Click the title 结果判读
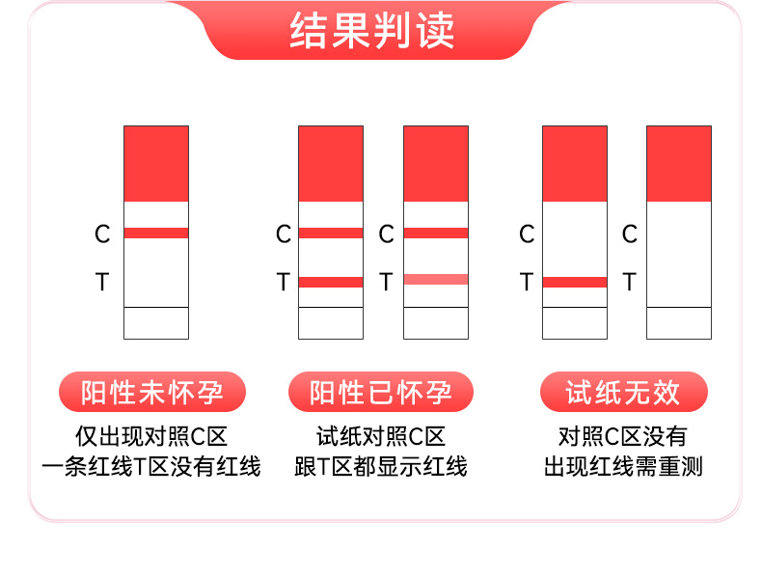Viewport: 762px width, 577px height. [372, 32]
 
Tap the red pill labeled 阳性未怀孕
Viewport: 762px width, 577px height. [152, 393]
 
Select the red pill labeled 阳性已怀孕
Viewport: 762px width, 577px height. [381, 393]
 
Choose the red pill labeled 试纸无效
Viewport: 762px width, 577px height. [623, 393]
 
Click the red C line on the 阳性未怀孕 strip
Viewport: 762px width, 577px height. [156, 233]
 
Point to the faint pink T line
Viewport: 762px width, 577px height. [436, 280]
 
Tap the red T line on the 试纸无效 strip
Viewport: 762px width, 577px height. [575, 282]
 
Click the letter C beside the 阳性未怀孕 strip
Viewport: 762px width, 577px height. [102, 234]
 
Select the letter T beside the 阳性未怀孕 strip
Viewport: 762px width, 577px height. [102, 283]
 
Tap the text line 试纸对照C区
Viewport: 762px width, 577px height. [381, 435]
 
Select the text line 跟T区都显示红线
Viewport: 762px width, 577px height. [381, 467]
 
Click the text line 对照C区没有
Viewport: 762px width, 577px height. [623, 435]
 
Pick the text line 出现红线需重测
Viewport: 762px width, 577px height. [623, 467]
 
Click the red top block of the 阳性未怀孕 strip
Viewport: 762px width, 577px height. [156, 163]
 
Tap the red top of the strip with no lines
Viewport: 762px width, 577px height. [679, 163]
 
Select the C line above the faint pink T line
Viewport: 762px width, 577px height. [436, 233]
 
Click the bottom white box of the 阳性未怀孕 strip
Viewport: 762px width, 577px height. [156, 322]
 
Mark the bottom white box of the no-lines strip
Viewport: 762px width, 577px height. [679, 322]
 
